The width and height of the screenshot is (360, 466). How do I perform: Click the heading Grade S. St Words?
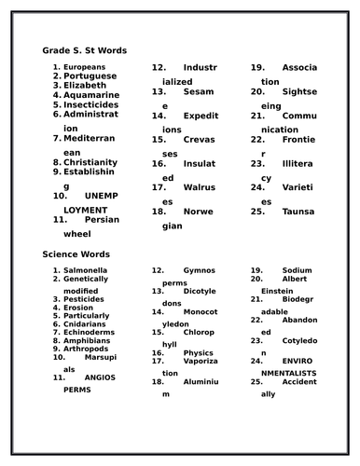click(85, 49)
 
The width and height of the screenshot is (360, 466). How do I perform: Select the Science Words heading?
click(76, 254)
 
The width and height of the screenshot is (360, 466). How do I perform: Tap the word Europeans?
click(84, 67)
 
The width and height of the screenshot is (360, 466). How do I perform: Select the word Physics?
click(198, 354)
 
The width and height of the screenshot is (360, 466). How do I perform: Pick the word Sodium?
click(297, 270)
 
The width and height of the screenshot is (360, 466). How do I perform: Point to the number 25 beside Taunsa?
click(257, 212)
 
